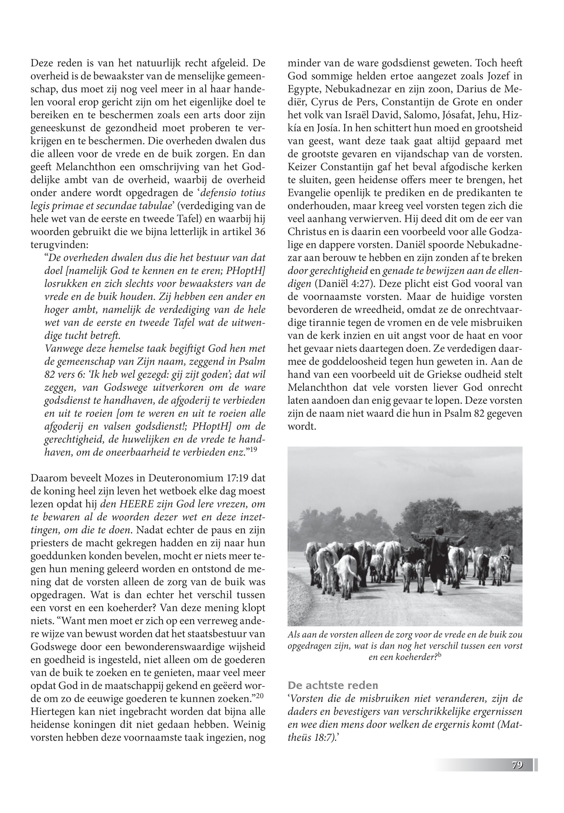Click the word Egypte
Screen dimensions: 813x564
click(x=304, y=88)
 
